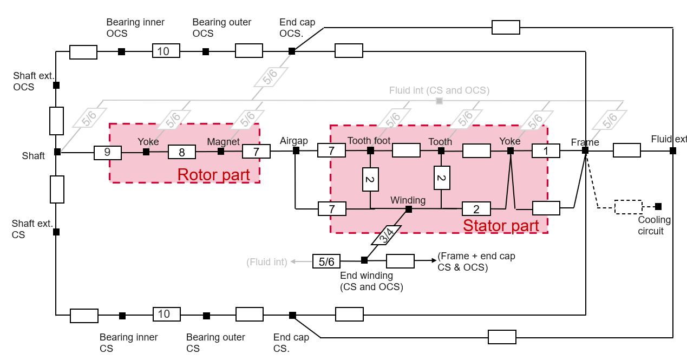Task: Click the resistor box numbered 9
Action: pos(107,153)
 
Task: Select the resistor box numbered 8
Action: pos(182,152)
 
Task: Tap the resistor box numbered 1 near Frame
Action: pos(546,150)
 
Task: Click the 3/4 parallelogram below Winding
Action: pos(387,234)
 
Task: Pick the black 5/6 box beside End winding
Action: pos(326,261)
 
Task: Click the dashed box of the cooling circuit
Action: pos(628,207)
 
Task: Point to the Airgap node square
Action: pos(296,150)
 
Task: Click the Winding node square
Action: pos(409,209)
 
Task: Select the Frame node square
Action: pos(585,150)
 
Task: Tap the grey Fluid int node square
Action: pos(439,101)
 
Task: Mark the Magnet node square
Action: pos(221,152)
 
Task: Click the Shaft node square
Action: pos(57,152)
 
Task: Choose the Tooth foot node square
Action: pos(370,149)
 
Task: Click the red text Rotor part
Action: pos(214,175)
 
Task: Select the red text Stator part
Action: pos(501,225)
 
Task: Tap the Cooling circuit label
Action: pos(653,225)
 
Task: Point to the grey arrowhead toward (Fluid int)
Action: pos(293,261)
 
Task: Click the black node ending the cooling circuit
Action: pos(658,206)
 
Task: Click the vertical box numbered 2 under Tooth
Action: pos(442,178)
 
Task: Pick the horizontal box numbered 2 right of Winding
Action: pos(476,209)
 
